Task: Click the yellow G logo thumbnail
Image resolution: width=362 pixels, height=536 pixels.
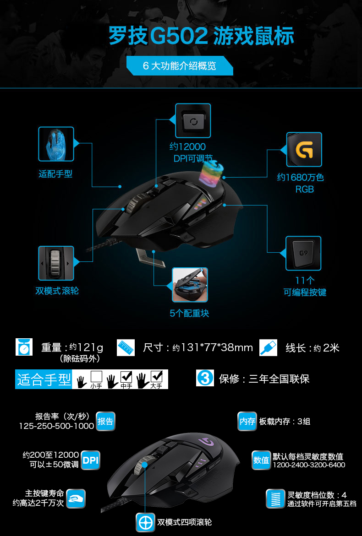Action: [304, 149]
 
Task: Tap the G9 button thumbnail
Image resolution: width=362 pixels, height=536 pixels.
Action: [303, 253]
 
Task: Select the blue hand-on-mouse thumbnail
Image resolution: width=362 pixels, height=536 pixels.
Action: [56, 144]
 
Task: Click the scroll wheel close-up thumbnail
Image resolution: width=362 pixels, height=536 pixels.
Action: [56, 263]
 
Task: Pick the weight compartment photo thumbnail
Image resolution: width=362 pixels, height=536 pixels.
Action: [190, 285]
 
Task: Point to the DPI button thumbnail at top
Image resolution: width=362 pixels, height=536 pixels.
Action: [193, 121]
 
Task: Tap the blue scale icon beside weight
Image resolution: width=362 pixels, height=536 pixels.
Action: [24, 347]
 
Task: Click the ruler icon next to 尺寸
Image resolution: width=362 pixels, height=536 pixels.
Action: [126, 348]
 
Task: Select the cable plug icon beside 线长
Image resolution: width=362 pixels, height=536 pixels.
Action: [268, 348]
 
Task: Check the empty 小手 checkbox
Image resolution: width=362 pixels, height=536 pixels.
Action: [97, 376]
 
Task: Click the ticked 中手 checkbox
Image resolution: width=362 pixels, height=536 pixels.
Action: [126, 376]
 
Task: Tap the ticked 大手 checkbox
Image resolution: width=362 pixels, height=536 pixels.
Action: [156, 376]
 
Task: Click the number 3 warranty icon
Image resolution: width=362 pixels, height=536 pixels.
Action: [205, 378]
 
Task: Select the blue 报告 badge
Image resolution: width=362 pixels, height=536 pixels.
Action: [105, 421]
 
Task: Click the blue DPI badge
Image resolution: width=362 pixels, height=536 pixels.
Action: [90, 460]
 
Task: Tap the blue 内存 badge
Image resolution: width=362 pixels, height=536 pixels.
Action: [247, 421]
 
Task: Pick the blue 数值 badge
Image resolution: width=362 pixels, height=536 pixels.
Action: [261, 460]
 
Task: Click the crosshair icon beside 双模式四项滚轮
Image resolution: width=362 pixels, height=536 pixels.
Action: [145, 522]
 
